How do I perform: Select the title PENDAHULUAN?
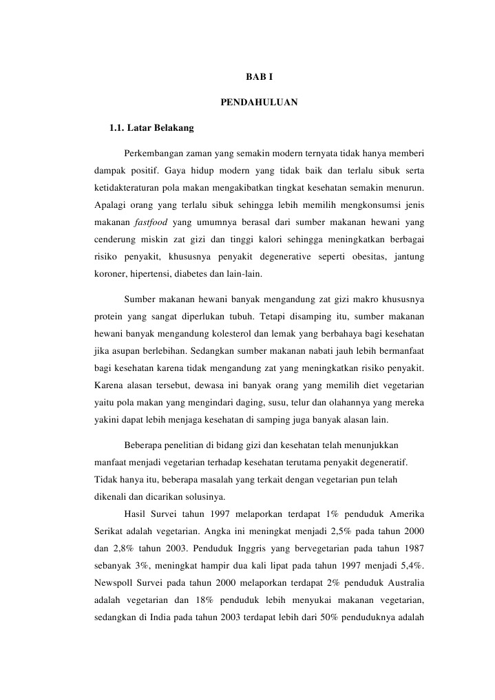coord(258,103)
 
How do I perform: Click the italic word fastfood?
coord(150,222)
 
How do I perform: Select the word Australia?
coord(399,585)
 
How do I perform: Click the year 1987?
coord(410,549)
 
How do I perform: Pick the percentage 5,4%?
coord(410,567)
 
